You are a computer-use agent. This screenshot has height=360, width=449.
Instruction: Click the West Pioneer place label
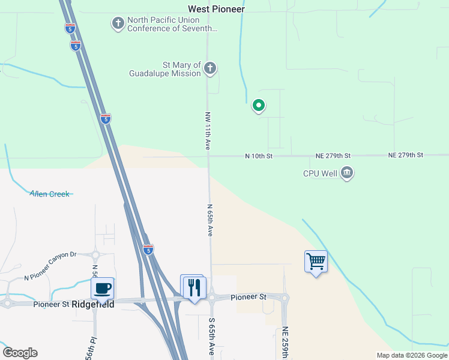tap(217, 9)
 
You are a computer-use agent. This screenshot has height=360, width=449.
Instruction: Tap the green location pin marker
tap(259, 106)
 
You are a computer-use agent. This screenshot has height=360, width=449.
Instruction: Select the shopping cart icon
tap(316, 262)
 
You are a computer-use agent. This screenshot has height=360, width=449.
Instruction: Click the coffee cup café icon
tap(103, 288)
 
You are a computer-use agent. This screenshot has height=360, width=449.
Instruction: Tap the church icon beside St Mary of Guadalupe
tap(210, 68)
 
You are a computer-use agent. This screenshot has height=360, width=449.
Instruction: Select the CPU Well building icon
tap(347, 173)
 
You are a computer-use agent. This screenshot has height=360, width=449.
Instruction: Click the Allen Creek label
tap(50, 194)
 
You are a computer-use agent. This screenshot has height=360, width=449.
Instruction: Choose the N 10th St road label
tap(259, 156)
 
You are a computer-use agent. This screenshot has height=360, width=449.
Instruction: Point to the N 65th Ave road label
tap(210, 220)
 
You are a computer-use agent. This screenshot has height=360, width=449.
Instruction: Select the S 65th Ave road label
tap(211, 335)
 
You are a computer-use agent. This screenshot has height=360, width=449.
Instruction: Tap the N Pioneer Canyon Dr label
tap(50, 266)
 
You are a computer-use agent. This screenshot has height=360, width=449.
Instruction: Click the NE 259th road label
tap(286, 343)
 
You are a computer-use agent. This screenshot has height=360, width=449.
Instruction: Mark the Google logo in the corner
tap(20, 353)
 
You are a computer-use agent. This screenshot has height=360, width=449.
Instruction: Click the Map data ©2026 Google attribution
tap(412, 355)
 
